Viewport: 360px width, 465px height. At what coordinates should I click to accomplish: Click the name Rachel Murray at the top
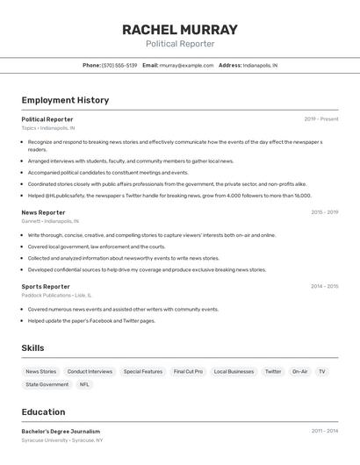pyautogui.click(x=179, y=29)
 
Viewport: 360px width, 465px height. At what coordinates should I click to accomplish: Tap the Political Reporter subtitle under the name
pyautogui.click(x=179, y=44)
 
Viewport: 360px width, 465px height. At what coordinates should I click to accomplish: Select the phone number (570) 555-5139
pyautogui.click(x=119, y=65)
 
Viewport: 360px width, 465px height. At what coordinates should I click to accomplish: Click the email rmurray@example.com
pyautogui.click(x=185, y=65)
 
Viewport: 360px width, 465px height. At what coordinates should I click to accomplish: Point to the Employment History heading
pyautogui.click(x=65, y=100)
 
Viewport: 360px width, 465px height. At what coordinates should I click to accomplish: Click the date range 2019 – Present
pyautogui.click(x=320, y=119)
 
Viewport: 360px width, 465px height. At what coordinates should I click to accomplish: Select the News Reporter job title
pyautogui.click(x=43, y=212)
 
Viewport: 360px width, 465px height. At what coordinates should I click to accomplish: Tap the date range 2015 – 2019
pyautogui.click(x=324, y=212)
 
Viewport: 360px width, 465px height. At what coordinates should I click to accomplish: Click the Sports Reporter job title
pyautogui.click(x=46, y=286)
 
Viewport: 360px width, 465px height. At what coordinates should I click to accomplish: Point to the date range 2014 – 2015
pyautogui.click(x=324, y=286)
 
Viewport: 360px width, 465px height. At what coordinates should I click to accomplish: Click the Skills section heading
pyautogui.click(x=32, y=348)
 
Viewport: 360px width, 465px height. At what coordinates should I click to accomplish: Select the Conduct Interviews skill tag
pyautogui.click(x=90, y=371)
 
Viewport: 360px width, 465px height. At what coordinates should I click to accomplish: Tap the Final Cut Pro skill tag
pyautogui.click(x=188, y=371)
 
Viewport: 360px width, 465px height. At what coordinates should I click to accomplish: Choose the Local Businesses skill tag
pyautogui.click(x=234, y=371)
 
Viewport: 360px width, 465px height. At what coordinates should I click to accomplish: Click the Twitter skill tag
pyautogui.click(x=273, y=371)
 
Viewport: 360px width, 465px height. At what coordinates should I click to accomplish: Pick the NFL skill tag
pyautogui.click(x=84, y=384)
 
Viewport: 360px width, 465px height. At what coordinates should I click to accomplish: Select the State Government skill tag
pyautogui.click(x=47, y=384)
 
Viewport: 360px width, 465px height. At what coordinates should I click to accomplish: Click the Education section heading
pyautogui.click(x=43, y=411)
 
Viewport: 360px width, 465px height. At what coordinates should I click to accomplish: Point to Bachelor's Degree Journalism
pyautogui.click(x=61, y=432)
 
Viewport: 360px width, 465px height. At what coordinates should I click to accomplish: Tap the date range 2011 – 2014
pyautogui.click(x=324, y=432)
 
